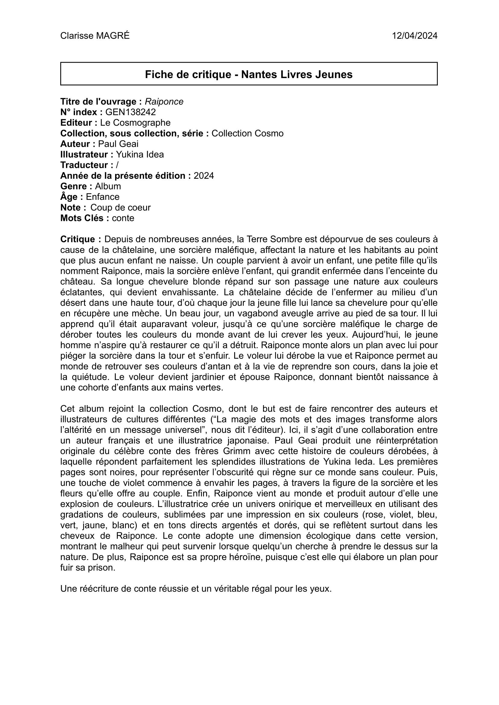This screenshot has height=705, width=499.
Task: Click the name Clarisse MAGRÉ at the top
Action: click(95, 36)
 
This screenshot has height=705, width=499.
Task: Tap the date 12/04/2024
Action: click(415, 36)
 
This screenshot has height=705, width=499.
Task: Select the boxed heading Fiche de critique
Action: click(249, 74)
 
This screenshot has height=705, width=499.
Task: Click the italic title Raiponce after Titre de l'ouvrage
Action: click(164, 102)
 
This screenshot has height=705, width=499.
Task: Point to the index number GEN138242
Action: click(130, 112)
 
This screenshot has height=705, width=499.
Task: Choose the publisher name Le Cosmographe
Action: click(135, 123)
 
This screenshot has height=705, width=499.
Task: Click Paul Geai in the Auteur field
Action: click(118, 144)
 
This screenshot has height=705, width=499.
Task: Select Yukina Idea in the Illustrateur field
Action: click(140, 155)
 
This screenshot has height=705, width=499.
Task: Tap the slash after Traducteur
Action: click(117, 165)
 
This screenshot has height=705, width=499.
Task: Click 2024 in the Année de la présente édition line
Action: click(204, 176)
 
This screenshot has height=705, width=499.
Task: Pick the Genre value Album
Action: click(108, 186)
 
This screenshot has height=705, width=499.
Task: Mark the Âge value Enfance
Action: click(103, 197)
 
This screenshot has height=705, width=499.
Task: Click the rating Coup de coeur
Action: click(121, 207)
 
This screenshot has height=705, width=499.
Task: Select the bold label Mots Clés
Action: click(84, 218)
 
